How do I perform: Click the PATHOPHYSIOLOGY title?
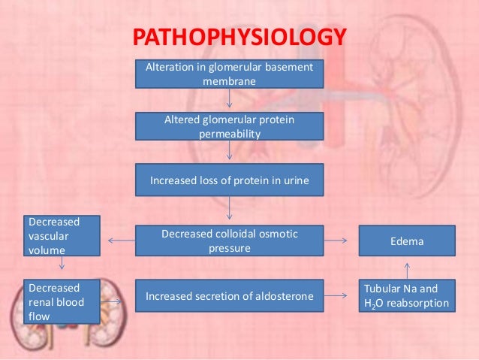[x=239, y=38]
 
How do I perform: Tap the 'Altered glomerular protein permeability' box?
[x=229, y=126]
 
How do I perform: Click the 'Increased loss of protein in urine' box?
[x=229, y=180]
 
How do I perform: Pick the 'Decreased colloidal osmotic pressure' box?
[x=229, y=241]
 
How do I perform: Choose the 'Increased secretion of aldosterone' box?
[x=229, y=296]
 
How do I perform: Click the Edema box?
[x=406, y=242]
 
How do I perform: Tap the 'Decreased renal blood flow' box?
[x=62, y=301]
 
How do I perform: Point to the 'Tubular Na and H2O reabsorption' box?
[x=406, y=296]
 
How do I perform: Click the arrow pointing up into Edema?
[x=406, y=268]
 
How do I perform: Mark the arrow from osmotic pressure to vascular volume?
[x=121, y=241]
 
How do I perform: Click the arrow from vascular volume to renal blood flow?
[x=62, y=264]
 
